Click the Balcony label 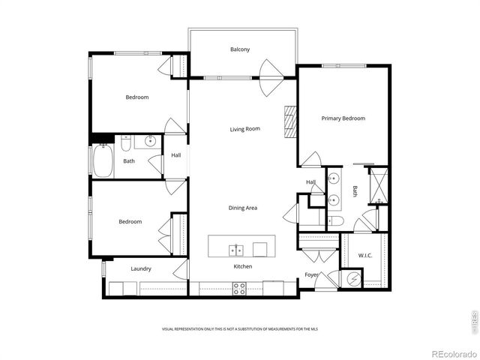pos(239,49)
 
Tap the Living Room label pos(244,129)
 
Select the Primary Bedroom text pos(343,118)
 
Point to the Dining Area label pos(243,208)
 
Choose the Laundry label pos(141,268)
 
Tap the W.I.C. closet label pos(364,256)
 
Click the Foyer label pos(310,274)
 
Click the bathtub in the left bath pos(102,160)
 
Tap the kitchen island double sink pos(237,249)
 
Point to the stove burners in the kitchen pos(240,288)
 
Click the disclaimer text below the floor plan pos(239,328)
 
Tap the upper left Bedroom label pos(136,97)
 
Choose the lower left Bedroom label pos(130,221)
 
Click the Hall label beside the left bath pos(175,155)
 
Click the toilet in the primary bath pos(334,221)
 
